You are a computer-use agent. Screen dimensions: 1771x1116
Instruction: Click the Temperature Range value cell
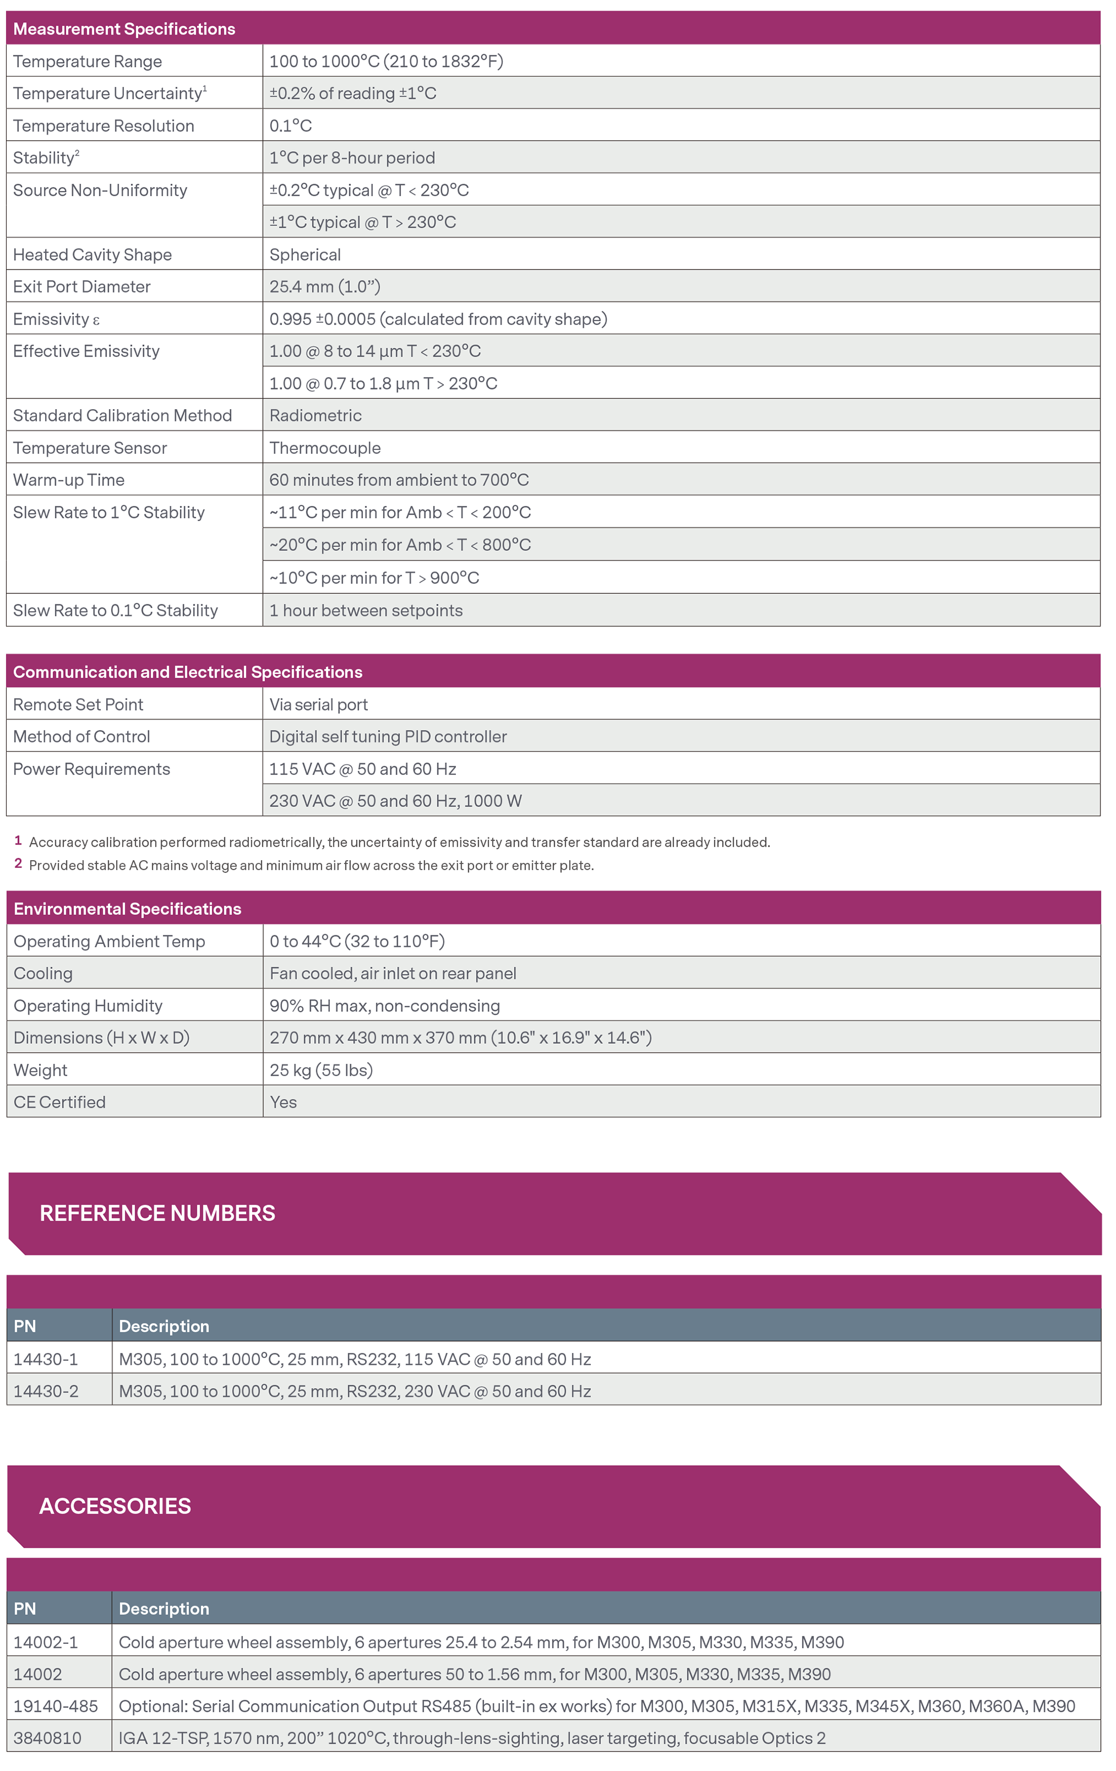coord(386,61)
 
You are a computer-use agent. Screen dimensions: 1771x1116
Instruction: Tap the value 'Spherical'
coord(305,255)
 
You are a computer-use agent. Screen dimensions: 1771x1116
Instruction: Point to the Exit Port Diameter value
coord(325,287)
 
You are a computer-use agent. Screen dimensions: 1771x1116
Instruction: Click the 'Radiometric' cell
coord(315,415)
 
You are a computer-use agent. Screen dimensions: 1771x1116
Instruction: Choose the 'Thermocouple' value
coord(325,448)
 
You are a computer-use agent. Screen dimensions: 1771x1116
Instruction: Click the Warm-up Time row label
coord(69,480)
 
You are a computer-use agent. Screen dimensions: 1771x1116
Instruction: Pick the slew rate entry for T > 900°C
coord(374,578)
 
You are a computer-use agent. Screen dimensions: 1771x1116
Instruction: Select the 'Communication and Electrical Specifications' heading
coord(187,672)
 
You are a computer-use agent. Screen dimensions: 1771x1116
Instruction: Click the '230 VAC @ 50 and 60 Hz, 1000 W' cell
coord(396,801)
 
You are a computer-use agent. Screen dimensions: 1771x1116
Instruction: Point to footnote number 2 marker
coord(18,863)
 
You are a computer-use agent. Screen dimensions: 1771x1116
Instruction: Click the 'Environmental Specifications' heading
coord(127,909)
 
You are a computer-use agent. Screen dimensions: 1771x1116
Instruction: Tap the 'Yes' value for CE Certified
coord(283,1102)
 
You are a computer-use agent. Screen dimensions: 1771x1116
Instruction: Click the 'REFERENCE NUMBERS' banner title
coord(157,1213)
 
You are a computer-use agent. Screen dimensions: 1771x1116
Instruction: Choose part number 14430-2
coord(46,1391)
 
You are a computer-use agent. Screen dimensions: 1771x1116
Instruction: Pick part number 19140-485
coord(55,1706)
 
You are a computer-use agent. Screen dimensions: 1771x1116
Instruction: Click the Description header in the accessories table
coord(164,1609)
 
